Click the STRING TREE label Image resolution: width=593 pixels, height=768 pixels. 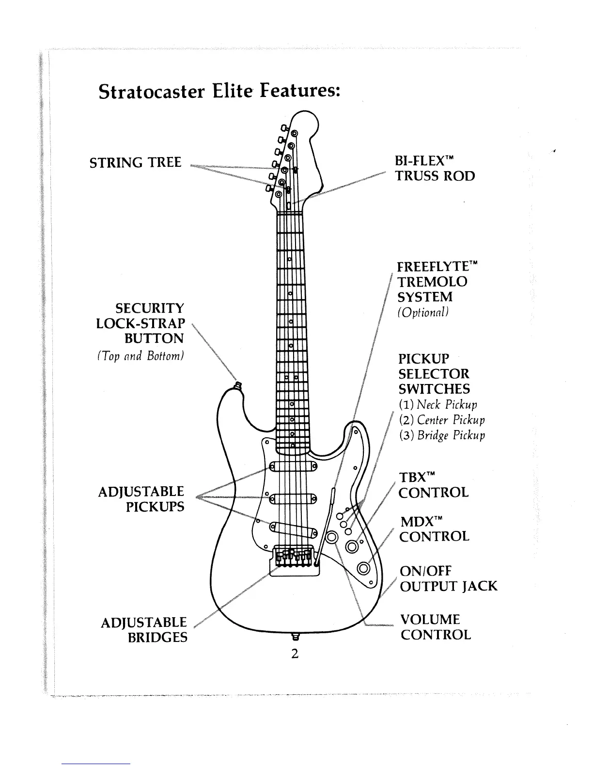[136, 162]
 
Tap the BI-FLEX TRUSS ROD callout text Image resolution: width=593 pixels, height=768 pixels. [435, 168]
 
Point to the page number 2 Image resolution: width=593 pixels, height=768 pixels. [294, 653]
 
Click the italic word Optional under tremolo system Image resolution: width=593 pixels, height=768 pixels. [423, 312]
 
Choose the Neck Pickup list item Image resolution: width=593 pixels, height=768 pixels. [438, 404]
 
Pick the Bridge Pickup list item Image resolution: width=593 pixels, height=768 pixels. [442, 435]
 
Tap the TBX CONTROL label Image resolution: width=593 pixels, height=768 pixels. [433, 485]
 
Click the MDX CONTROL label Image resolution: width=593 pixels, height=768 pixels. [434, 529]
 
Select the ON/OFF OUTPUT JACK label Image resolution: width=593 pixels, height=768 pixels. [448, 578]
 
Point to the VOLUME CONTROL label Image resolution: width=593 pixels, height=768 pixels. [435, 627]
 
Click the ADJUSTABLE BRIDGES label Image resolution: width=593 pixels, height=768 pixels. [144, 629]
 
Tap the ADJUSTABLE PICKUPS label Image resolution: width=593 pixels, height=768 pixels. [141, 499]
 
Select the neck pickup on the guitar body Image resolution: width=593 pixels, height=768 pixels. [293, 466]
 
